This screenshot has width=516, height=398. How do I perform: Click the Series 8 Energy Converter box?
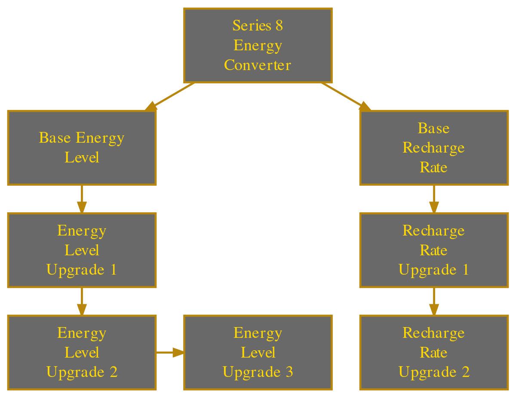(x=258, y=45)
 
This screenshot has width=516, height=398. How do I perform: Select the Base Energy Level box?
(x=81, y=148)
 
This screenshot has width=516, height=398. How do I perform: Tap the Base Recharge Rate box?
(x=433, y=148)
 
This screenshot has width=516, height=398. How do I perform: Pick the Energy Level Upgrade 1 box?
(x=81, y=250)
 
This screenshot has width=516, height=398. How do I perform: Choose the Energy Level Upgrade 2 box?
(x=81, y=352)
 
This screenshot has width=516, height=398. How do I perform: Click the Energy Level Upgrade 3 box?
(x=258, y=352)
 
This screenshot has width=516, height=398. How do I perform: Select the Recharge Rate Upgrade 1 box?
(x=433, y=250)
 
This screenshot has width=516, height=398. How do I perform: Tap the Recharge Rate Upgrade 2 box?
(x=433, y=352)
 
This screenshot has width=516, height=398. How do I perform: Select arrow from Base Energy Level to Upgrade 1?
(x=81, y=199)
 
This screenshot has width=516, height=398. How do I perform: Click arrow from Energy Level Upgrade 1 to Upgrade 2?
(x=81, y=301)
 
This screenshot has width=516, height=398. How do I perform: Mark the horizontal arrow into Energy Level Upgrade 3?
(x=170, y=353)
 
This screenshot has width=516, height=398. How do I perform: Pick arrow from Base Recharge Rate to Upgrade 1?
(x=433, y=199)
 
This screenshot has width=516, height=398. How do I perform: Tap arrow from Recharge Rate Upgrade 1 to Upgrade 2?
(x=433, y=301)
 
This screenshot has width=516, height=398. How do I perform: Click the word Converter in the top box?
(x=258, y=65)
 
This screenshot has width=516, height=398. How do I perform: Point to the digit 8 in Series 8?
(x=279, y=25)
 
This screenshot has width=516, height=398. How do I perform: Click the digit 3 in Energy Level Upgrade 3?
(x=289, y=372)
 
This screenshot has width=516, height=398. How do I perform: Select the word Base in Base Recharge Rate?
(x=433, y=128)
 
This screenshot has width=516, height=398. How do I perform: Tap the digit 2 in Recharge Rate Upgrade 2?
(x=465, y=372)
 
